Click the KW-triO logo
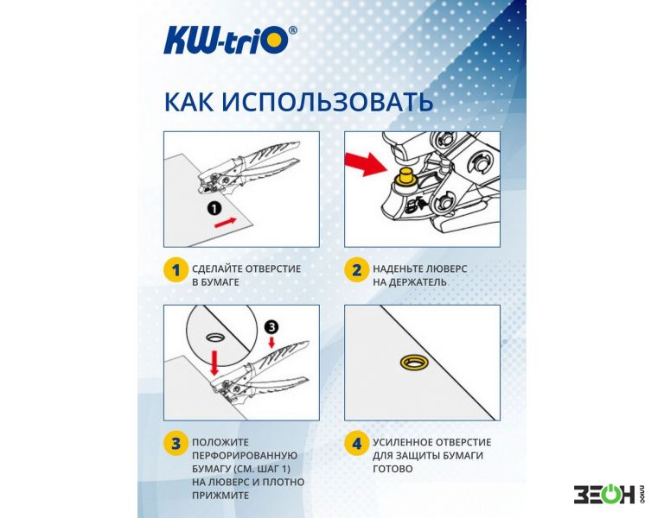click(x=230, y=41)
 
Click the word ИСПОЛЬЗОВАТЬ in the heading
click(x=328, y=102)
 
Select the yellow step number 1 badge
click(x=176, y=269)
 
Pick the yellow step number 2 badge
click(x=356, y=269)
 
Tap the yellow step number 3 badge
click(x=176, y=444)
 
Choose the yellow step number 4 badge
click(x=356, y=444)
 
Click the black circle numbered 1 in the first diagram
click(x=214, y=207)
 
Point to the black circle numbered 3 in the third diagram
click(x=271, y=326)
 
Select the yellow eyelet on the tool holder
click(x=405, y=176)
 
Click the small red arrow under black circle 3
click(x=271, y=342)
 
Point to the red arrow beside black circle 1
click(x=226, y=223)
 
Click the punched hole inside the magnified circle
click(x=216, y=337)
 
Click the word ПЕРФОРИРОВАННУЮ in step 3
click(x=245, y=456)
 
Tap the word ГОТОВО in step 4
click(x=393, y=469)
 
